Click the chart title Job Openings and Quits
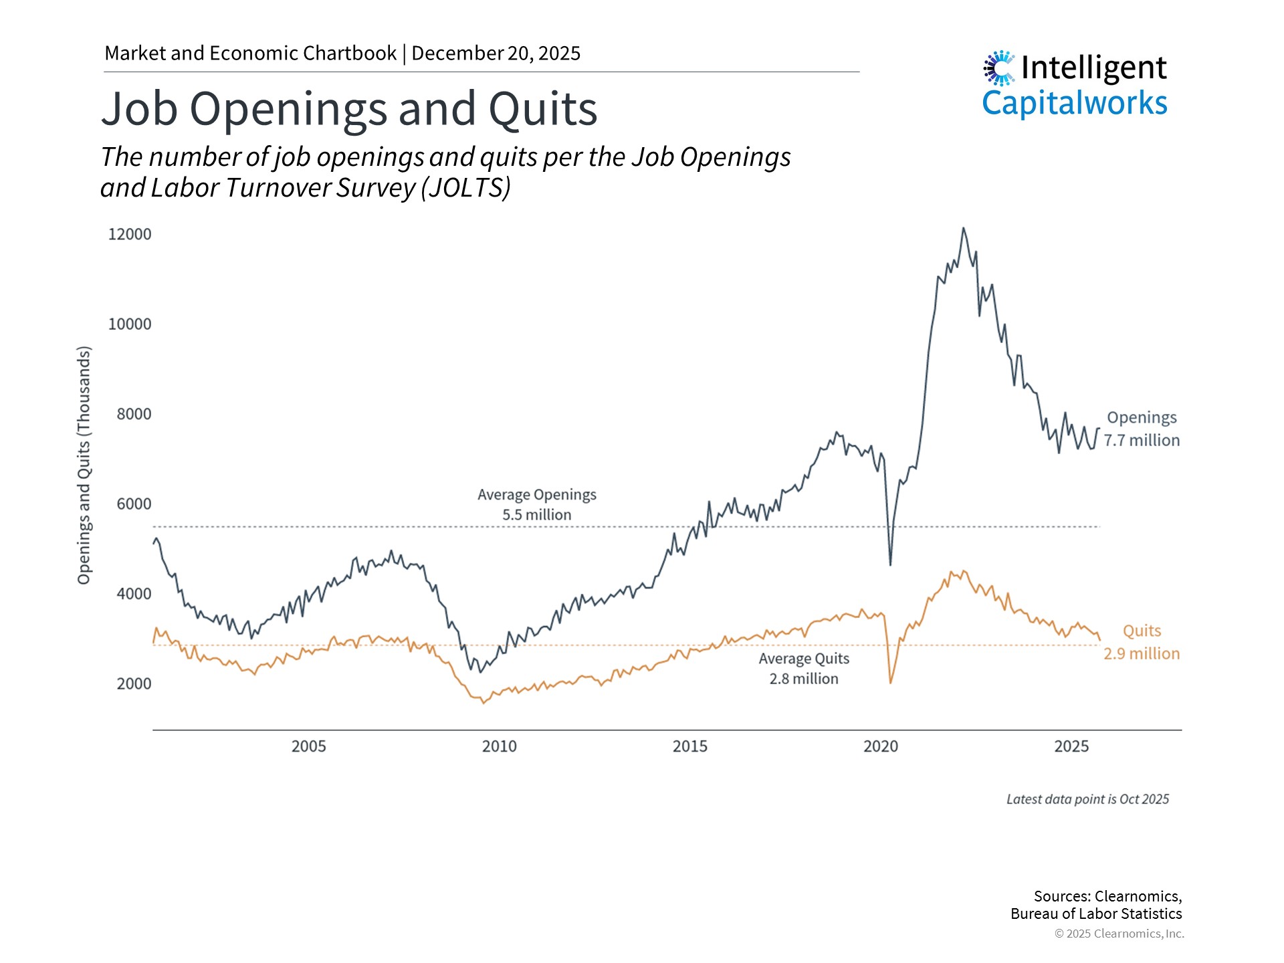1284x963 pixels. (x=349, y=109)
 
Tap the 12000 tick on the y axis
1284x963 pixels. (x=130, y=235)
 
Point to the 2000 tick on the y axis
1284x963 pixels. (x=134, y=684)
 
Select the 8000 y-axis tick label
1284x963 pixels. (x=134, y=415)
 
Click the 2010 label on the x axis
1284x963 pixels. (x=499, y=746)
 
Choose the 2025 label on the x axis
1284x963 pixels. (x=1071, y=746)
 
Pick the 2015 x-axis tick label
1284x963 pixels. (x=689, y=746)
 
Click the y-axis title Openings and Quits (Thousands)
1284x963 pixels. (x=84, y=465)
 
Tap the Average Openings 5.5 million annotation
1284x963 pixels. (x=536, y=505)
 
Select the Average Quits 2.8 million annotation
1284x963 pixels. (x=803, y=669)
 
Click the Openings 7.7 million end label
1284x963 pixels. (x=1141, y=429)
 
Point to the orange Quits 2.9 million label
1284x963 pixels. (x=1141, y=642)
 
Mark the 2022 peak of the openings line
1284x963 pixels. (x=963, y=228)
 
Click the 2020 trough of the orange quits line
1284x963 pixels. (x=891, y=683)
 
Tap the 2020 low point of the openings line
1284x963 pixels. (x=890, y=565)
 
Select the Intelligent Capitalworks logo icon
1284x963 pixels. (x=999, y=68)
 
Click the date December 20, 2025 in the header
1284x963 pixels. (x=496, y=53)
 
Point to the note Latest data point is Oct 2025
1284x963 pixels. (x=1087, y=799)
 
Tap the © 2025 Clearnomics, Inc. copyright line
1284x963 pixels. (x=1119, y=934)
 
